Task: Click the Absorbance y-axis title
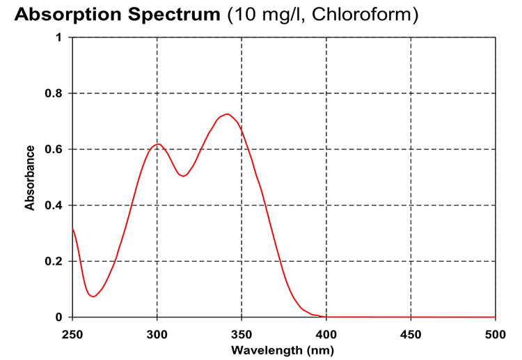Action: coord(30,178)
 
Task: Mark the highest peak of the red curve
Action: coord(227,114)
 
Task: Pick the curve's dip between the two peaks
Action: coord(184,176)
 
